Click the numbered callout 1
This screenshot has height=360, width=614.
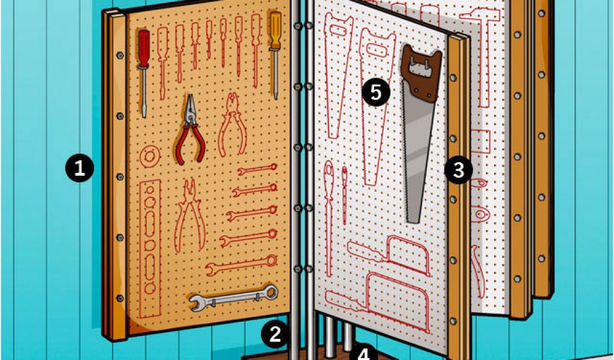tap(80, 169)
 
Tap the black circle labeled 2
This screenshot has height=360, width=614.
tap(275, 334)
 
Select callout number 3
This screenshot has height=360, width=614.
tap(459, 170)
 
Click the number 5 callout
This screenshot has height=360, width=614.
tap(375, 92)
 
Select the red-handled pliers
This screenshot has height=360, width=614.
tap(189, 129)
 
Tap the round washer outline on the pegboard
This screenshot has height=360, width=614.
tap(150, 157)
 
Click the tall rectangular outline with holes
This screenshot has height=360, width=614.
tap(150, 248)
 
